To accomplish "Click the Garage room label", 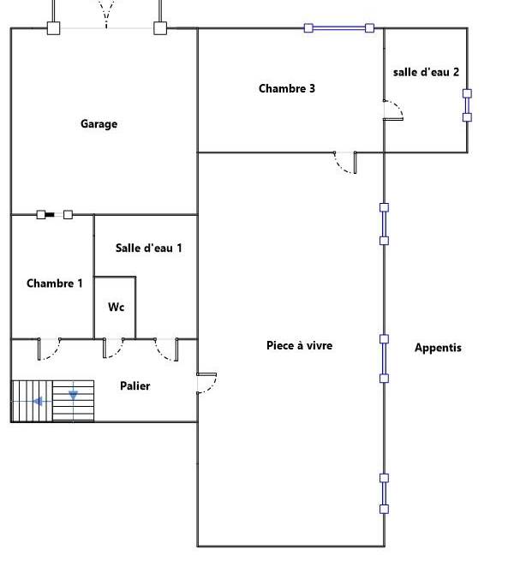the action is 99,124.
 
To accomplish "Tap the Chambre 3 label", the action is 287,88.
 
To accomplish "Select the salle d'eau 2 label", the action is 426,72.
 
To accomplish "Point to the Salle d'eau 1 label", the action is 148,248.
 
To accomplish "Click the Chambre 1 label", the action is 54,284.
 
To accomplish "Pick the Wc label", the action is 116,307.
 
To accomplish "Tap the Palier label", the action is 135,386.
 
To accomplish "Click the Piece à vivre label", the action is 299,345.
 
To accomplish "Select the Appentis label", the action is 438,348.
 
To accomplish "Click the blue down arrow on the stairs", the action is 73,395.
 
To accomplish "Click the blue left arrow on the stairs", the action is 38,401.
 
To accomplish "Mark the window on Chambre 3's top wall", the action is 338,28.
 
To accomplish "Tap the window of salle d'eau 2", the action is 467,105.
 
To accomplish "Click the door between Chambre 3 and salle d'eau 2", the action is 393,110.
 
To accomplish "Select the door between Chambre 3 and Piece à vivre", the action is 345,162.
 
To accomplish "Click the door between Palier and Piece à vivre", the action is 206,384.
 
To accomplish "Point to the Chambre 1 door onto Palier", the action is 49,349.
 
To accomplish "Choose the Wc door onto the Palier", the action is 113,348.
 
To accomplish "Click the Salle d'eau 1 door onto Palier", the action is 166,349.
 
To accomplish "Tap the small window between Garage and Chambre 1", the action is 55,214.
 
